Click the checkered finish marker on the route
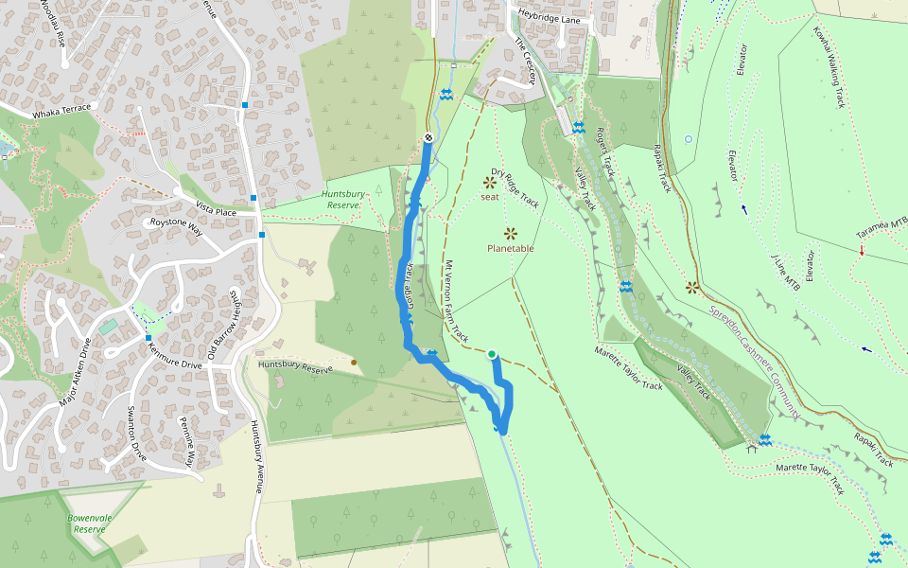click(428, 138)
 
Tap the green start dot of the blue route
click(492, 355)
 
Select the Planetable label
click(511, 248)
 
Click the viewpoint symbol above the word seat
click(490, 182)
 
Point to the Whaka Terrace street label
click(61, 108)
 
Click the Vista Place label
click(213, 211)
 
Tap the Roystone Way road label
click(177, 226)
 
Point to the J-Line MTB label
click(785, 273)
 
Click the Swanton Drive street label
click(136, 432)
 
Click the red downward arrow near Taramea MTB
click(862, 250)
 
